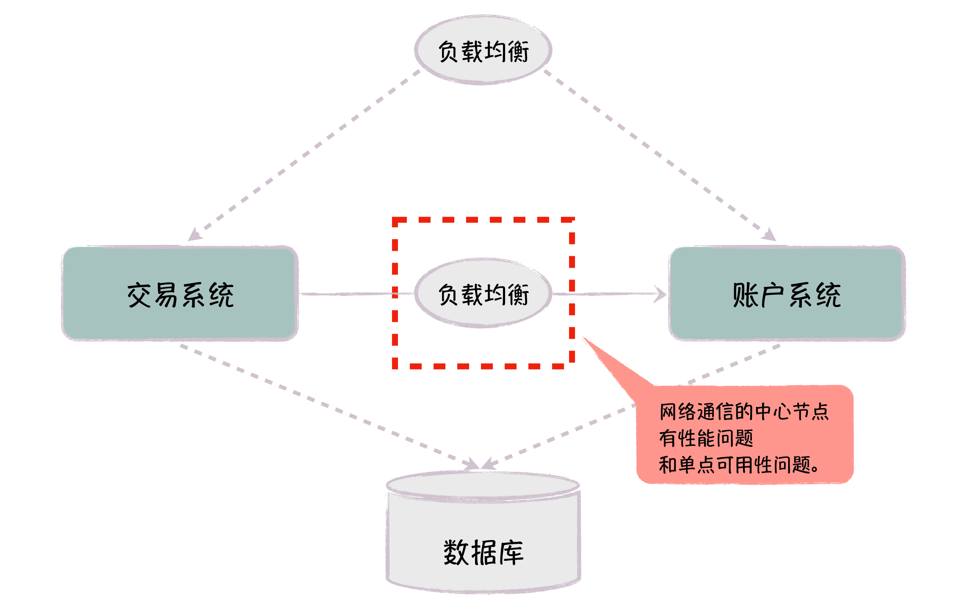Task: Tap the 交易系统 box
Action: (180, 294)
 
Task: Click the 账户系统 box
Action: (787, 294)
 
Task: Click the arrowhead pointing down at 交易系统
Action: (195, 235)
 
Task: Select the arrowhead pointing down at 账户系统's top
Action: (770, 235)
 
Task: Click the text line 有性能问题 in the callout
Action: (706, 438)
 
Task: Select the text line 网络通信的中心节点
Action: (744, 411)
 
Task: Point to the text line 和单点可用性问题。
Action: (739, 465)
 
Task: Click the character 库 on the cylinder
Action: (511, 552)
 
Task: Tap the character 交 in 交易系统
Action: (139, 295)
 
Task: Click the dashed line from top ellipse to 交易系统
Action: (305, 154)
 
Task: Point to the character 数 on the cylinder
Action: (456, 552)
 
